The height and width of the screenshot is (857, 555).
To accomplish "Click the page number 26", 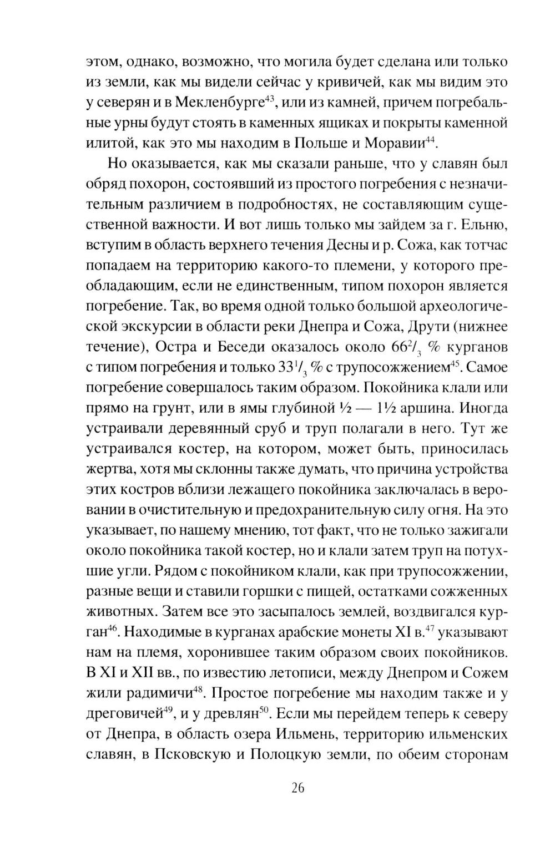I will click(297, 789).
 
